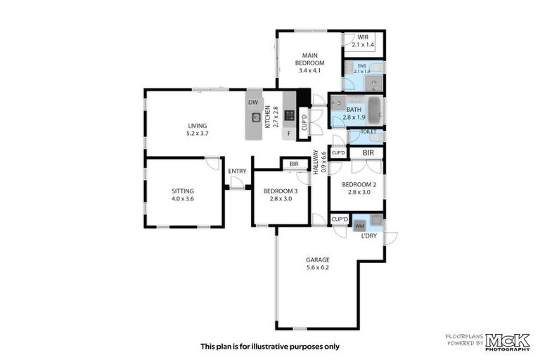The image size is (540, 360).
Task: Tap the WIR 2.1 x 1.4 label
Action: (363, 41)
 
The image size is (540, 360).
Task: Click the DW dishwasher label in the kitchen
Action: (253, 102)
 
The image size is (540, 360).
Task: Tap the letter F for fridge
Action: (288, 133)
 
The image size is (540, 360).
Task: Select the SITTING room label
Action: (183, 194)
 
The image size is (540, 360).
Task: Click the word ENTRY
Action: (237, 171)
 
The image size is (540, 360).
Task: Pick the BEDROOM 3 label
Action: (280, 195)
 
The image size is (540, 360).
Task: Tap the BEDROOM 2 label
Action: (359, 188)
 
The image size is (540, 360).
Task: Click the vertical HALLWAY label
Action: (320, 162)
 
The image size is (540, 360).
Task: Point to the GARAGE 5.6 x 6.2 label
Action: (317, 264)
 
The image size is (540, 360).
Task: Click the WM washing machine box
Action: (359, 226)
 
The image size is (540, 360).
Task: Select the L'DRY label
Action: (368, 236)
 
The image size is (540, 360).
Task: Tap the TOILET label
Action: (368, 131)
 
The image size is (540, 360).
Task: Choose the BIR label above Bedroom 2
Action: (368, 152)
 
